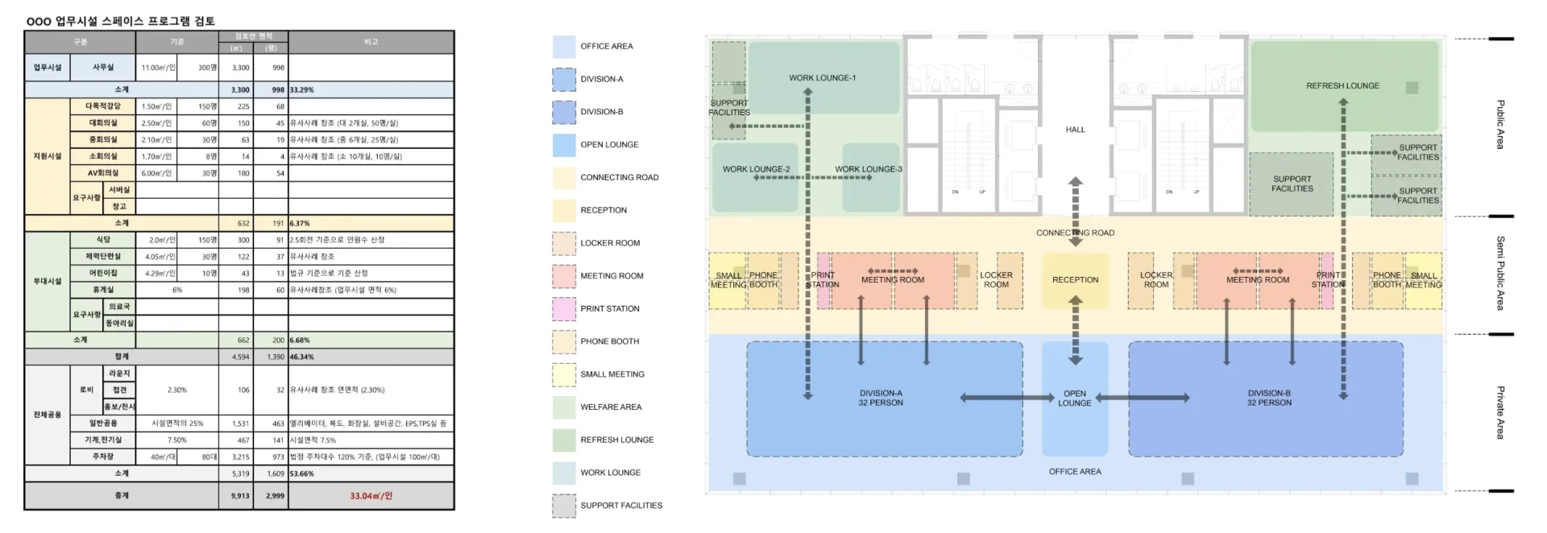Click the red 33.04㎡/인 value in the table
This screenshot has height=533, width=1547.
click(x=371, y=496)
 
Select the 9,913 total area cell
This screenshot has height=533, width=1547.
click(x=240, y=496)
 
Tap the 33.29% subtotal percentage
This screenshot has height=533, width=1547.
click(x=301, y=90)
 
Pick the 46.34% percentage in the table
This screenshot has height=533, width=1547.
click(x=301, y=357)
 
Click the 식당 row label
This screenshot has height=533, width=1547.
click(x=104, y=240)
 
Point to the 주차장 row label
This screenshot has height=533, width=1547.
click(x=104, y=457)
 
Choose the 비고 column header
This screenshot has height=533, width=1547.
click(x=371, y=42)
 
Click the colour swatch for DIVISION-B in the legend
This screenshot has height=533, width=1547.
click(x=564, y=112)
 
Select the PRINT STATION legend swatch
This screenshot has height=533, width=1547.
click(x=564, y=308)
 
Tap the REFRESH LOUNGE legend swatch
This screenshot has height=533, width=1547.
click(x=564, y=440)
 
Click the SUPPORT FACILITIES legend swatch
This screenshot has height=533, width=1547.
click(x=564, y=506)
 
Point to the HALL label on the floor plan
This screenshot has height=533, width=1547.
click(x=1075, y=130)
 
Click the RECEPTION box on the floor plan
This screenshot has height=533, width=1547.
click(x=1075, y=280)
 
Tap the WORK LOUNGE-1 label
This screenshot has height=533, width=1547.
click(x=822, y=78)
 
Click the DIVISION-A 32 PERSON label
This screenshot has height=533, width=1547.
click(x=881, y=399)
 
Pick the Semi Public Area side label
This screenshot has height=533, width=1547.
click(x=1499, y=274)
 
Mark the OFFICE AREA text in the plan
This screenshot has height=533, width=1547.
click(x=1075, y=472)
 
